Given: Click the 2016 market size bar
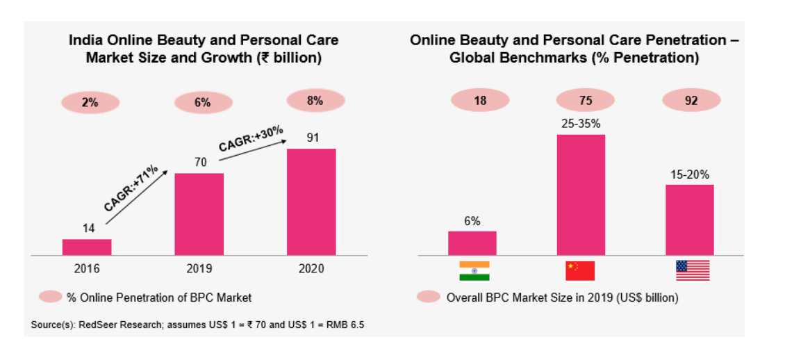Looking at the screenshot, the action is [x=87, y=247].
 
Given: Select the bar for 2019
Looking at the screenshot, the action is [x=199, y=214].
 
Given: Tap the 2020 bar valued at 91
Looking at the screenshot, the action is [x=311, y=202].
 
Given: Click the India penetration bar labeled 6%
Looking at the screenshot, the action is [x=472, y=243].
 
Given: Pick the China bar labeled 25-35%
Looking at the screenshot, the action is [x=581, y=195].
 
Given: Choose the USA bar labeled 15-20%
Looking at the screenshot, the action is [x=689, y=220].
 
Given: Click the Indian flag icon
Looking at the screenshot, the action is [x=474, y=270].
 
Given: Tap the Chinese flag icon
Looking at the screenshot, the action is [x=580, y=270].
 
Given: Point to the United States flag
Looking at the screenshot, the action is [x=693, y=270].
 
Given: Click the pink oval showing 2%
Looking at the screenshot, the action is [x=90, y=103].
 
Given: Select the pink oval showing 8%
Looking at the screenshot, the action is [x=315, y=101].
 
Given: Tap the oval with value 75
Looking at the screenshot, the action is [x=586, y=100].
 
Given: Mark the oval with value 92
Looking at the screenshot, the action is [x=691, y=100].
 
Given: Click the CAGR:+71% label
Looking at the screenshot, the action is [x=131, y=189].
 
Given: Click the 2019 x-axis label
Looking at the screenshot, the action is [x=199, y=269].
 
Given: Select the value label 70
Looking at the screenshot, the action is [x=199, y=162].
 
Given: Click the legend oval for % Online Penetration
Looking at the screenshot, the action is [x=51, y=297].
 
